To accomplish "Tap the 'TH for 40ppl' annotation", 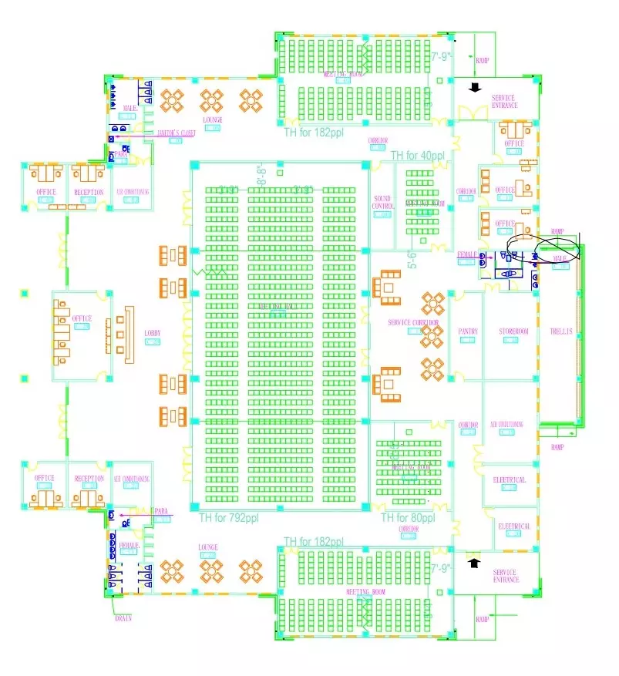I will (418, 156).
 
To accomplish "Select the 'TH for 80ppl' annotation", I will (409, 518).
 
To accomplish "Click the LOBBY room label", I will (152, 334).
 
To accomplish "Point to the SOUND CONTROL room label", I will (382, 203).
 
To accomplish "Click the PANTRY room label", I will (468, 331).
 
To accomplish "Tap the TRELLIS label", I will (561, 331).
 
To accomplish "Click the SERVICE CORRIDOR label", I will (413, 322).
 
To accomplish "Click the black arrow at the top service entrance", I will (475, 86).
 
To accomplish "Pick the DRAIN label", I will (123, 618).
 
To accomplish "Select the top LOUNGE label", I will (212, 120).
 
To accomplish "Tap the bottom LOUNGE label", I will (208, 547).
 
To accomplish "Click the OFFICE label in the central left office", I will (82, 318).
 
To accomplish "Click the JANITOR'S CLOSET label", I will (177, 133).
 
